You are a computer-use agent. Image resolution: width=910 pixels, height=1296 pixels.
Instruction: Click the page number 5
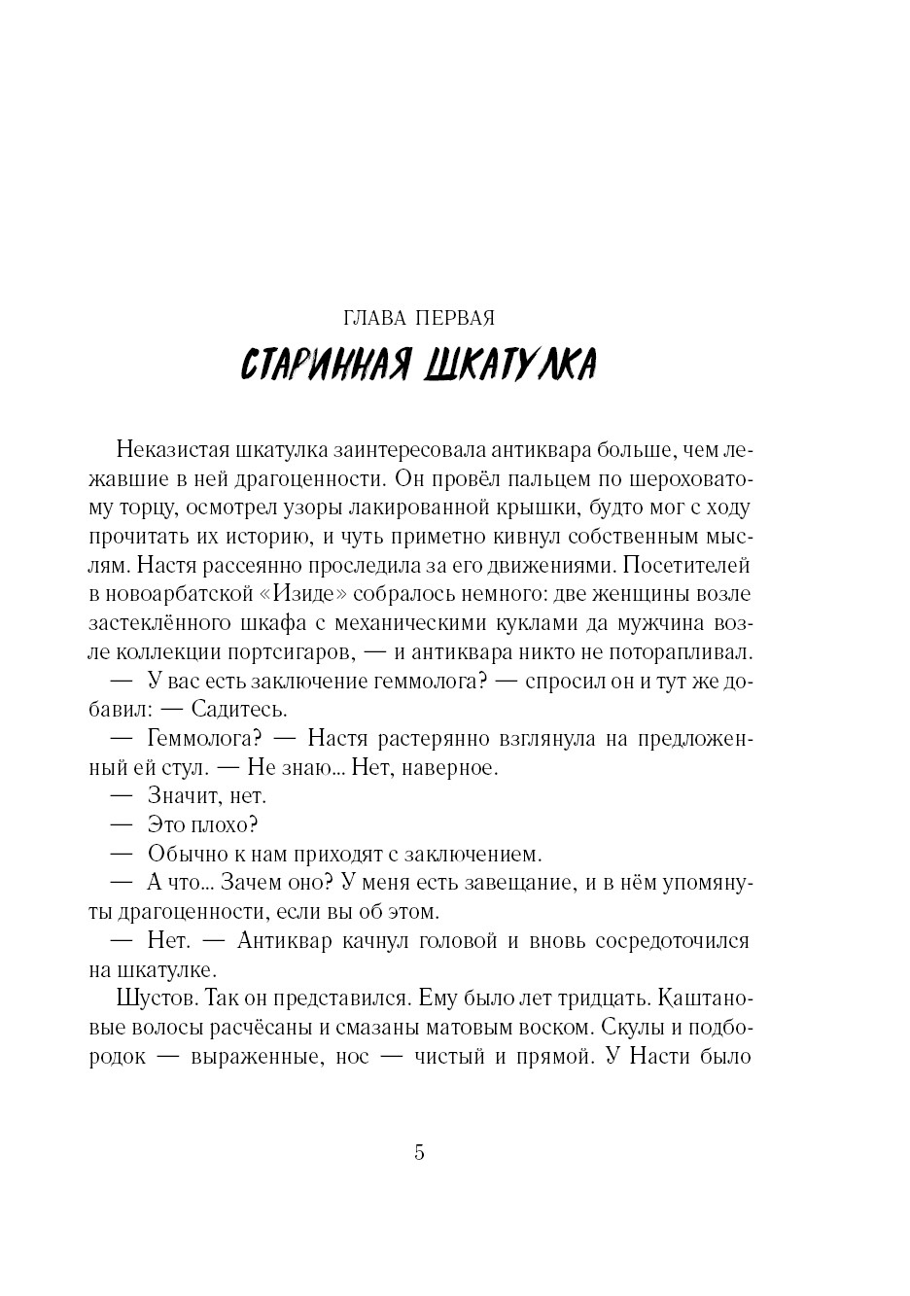click(420, 1153)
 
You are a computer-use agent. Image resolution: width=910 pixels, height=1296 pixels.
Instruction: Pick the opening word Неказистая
click(170, 450)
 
